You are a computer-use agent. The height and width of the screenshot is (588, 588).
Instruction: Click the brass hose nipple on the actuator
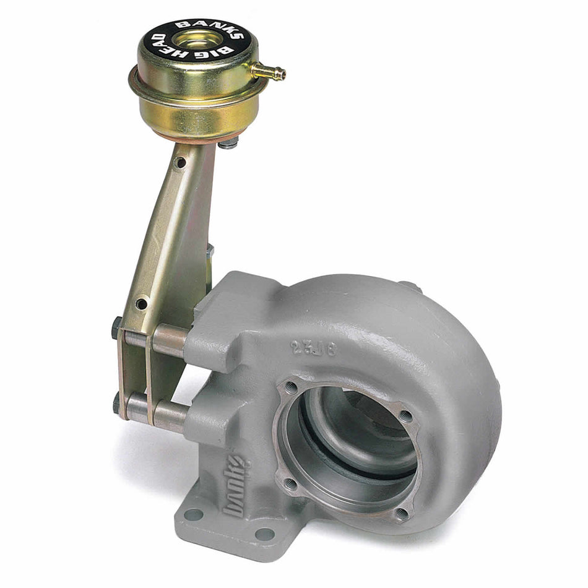272,73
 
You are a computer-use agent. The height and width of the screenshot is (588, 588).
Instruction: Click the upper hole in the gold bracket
179,162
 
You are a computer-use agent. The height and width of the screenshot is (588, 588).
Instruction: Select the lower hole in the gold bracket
141,303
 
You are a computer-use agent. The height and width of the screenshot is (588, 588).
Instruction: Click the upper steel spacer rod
167,339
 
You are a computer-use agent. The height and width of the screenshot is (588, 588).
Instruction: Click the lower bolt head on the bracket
116,403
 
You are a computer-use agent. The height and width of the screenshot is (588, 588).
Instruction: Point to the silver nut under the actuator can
228,144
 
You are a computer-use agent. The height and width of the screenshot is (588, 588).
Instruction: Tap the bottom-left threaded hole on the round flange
289,483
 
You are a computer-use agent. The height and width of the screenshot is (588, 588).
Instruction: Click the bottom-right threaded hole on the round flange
402,512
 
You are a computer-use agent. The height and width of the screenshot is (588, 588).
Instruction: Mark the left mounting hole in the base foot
194,514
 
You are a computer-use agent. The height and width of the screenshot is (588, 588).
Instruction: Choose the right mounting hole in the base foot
264,534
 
